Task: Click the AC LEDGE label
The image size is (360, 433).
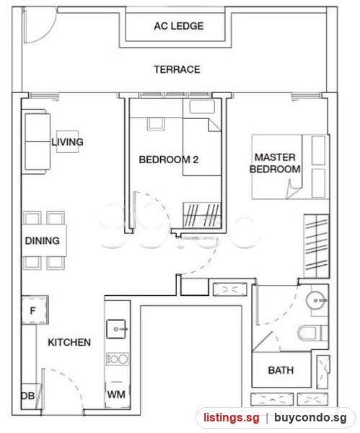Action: pos(179,26)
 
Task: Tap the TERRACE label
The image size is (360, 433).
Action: pos(177,69)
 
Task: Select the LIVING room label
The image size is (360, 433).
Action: pos(67,142)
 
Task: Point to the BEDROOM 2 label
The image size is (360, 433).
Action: pos(168,159)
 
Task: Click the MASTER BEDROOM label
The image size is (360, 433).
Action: pos(275,163)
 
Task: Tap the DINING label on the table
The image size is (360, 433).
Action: pos(43,240)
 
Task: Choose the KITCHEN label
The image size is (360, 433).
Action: pos(69,342)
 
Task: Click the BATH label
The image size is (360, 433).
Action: pos(281,370)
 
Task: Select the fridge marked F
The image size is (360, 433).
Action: pos(35,310)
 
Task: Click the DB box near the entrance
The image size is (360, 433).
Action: pos(28,396)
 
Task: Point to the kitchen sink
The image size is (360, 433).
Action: pos(116,329)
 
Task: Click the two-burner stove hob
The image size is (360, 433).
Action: pos(118,359)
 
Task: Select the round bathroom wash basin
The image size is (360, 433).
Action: pos(316,300)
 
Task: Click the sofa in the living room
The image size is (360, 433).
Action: pos(36,141)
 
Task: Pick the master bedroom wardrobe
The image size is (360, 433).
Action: pos(317,246)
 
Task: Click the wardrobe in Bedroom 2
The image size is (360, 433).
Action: pos(202,215)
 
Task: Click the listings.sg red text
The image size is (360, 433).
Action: pos(232,417)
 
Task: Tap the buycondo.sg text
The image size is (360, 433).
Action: pos(310,418)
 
